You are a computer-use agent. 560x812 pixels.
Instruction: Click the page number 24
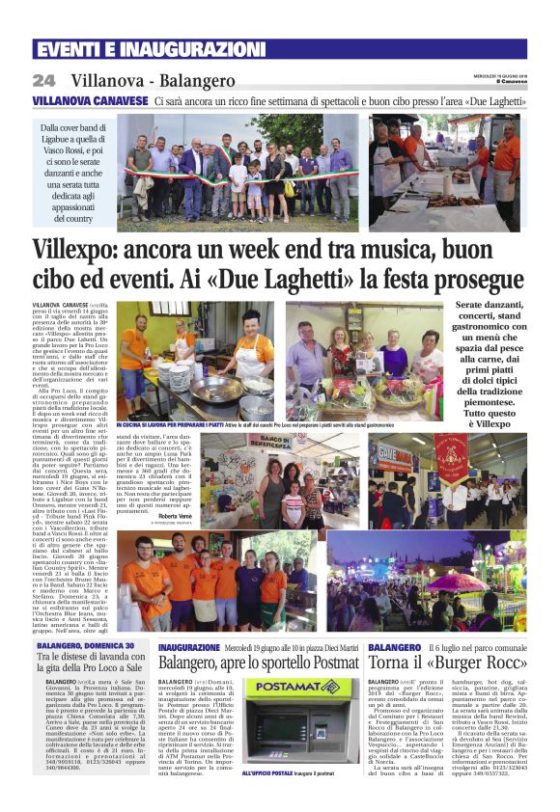click(43, 80)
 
